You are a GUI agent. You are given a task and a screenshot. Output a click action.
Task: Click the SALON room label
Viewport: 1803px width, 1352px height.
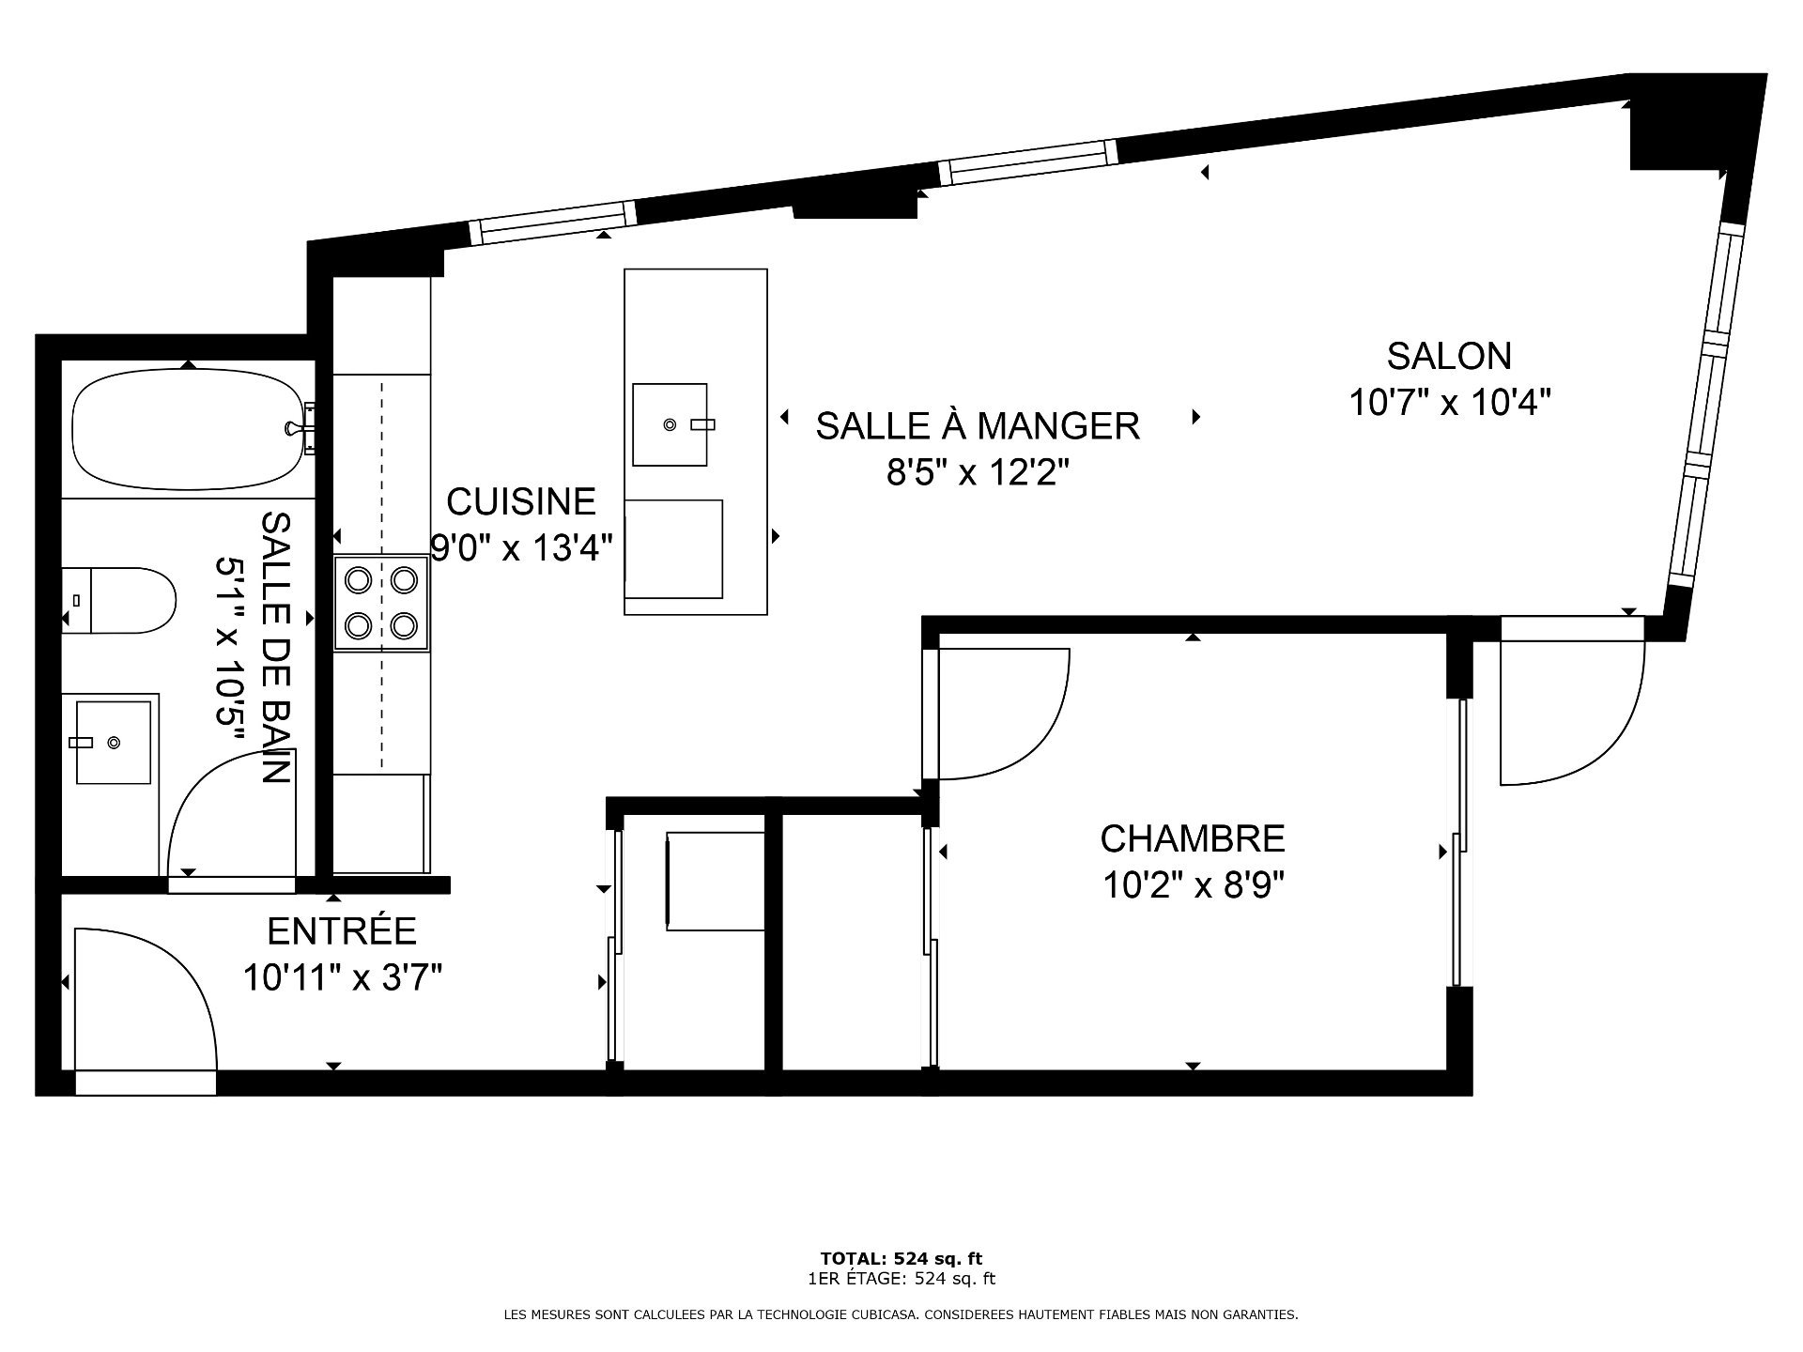click(x=1449, y=356)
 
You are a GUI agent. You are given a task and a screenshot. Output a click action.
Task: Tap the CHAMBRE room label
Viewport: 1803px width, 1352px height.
click(x=1193, y=837)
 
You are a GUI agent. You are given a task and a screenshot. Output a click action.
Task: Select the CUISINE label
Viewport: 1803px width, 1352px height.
click(x=521, y=501)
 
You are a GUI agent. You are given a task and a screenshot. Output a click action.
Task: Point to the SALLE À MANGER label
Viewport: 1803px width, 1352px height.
click(x=978, y=425)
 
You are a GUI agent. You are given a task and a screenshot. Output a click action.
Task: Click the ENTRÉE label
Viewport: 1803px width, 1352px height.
click(x=342, y=930)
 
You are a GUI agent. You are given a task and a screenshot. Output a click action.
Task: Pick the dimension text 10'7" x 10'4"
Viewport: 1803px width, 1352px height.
click(x=1449, y=403)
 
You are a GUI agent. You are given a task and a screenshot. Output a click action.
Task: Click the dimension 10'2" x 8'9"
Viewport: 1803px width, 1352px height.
click(x=1193, y=884)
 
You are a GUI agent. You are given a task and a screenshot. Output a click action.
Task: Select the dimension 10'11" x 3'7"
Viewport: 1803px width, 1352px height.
click(x=342, y=977)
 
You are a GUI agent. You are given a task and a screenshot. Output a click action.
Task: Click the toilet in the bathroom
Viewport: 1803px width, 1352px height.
click(x=119, y=600)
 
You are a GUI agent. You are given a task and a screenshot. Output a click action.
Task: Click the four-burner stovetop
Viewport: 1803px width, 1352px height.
click(x=381, y=603)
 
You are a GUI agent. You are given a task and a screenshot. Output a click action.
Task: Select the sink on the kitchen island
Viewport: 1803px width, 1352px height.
click(x=670, y=424)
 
